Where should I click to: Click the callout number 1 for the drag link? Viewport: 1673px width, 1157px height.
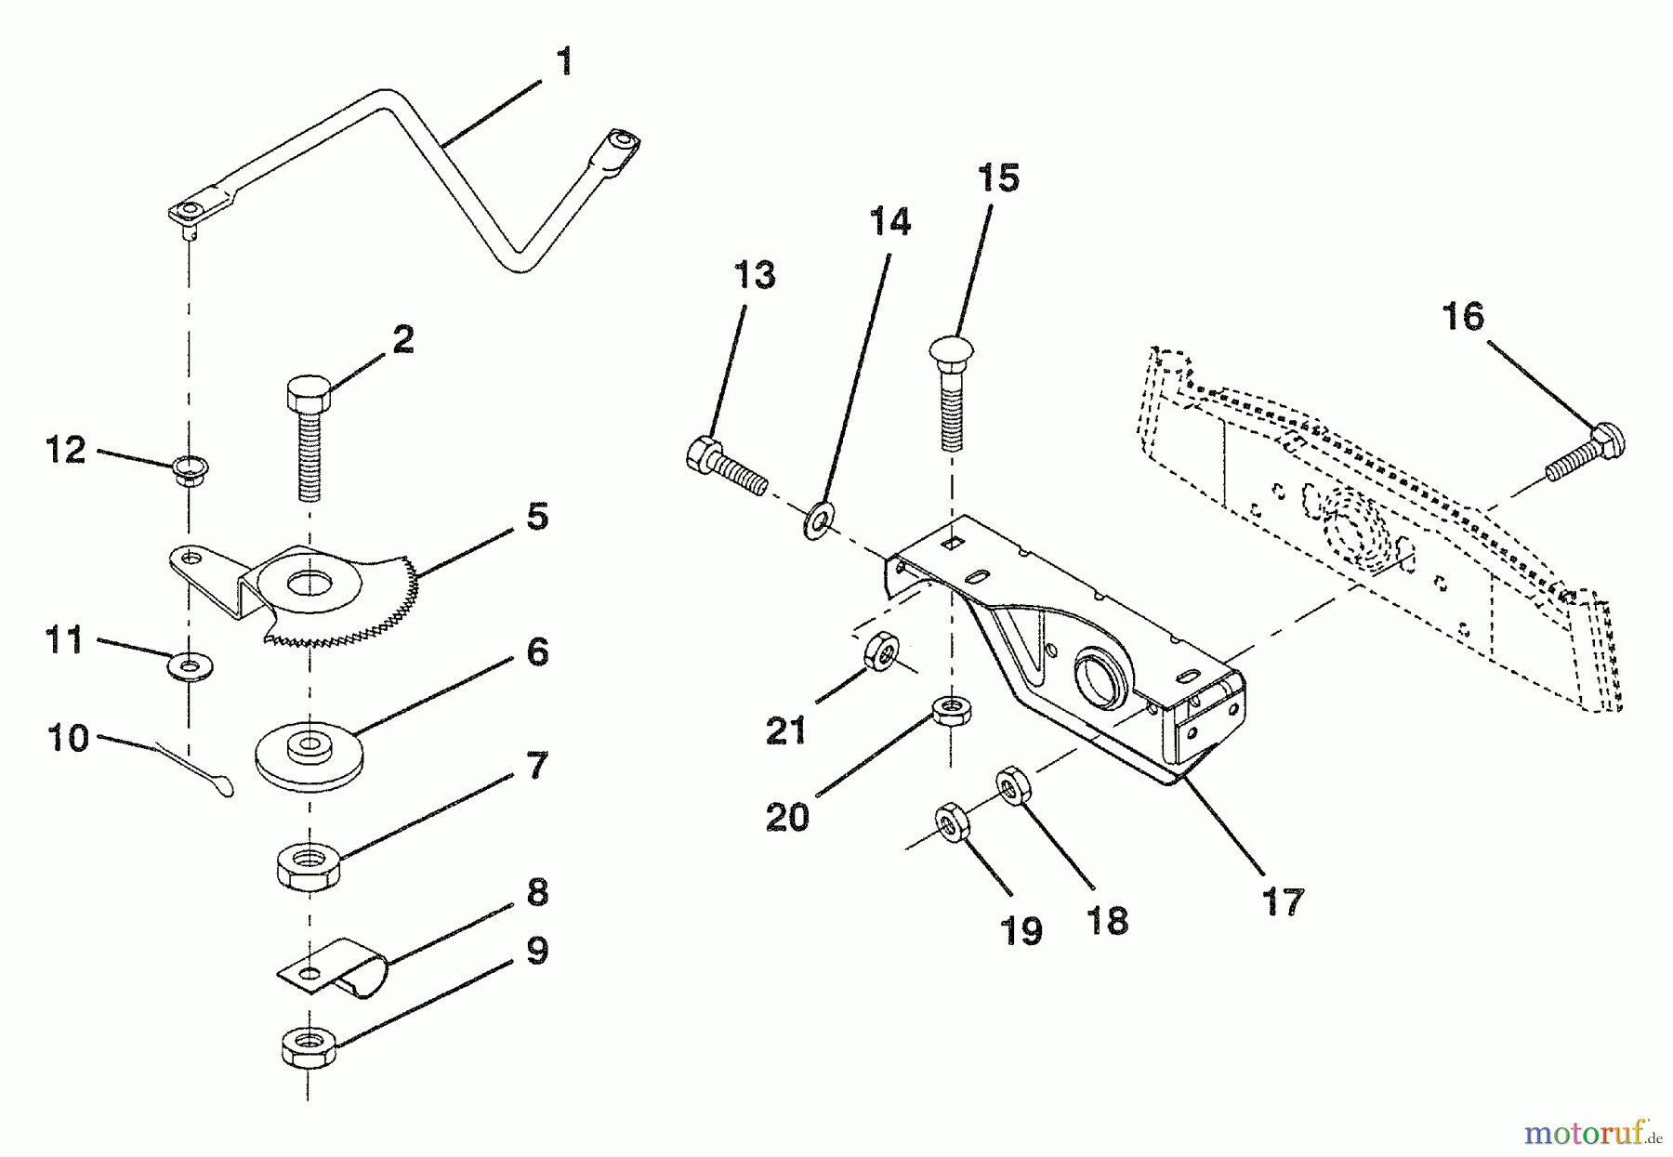[563, 62]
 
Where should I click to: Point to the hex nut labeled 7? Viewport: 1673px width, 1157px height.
[309, 867]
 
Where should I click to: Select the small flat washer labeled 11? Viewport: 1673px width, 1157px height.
[191, 665]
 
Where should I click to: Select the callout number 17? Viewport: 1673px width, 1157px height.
[1282, 901]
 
